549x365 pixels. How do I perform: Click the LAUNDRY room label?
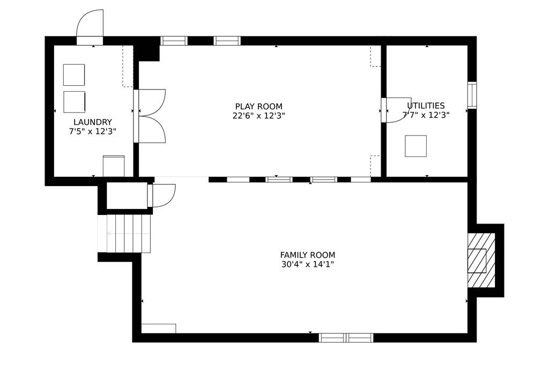point(92,122)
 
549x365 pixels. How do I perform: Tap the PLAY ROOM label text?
point(258,107)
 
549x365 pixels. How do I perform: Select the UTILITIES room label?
point(426,106)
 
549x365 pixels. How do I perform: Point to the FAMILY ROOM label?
point(307,255)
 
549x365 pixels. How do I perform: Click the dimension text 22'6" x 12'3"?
point(258,115)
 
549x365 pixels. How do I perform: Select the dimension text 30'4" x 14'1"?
point(307,264)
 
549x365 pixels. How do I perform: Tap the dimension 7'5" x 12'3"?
point(92,131)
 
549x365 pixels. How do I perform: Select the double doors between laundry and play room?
point(151,116)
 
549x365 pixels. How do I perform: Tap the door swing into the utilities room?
point(397,110)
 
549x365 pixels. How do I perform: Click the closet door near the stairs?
point(162,196)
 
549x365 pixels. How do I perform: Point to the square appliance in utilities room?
point(416,146)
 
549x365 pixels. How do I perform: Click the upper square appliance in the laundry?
point(74,75)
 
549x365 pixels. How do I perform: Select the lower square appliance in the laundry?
point(74,102)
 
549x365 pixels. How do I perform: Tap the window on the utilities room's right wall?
point(472,95)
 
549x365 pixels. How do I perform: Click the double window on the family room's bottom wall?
point(346,338)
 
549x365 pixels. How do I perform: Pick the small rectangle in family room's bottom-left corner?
point(159,328)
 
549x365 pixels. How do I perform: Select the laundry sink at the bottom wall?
point(114,166)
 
